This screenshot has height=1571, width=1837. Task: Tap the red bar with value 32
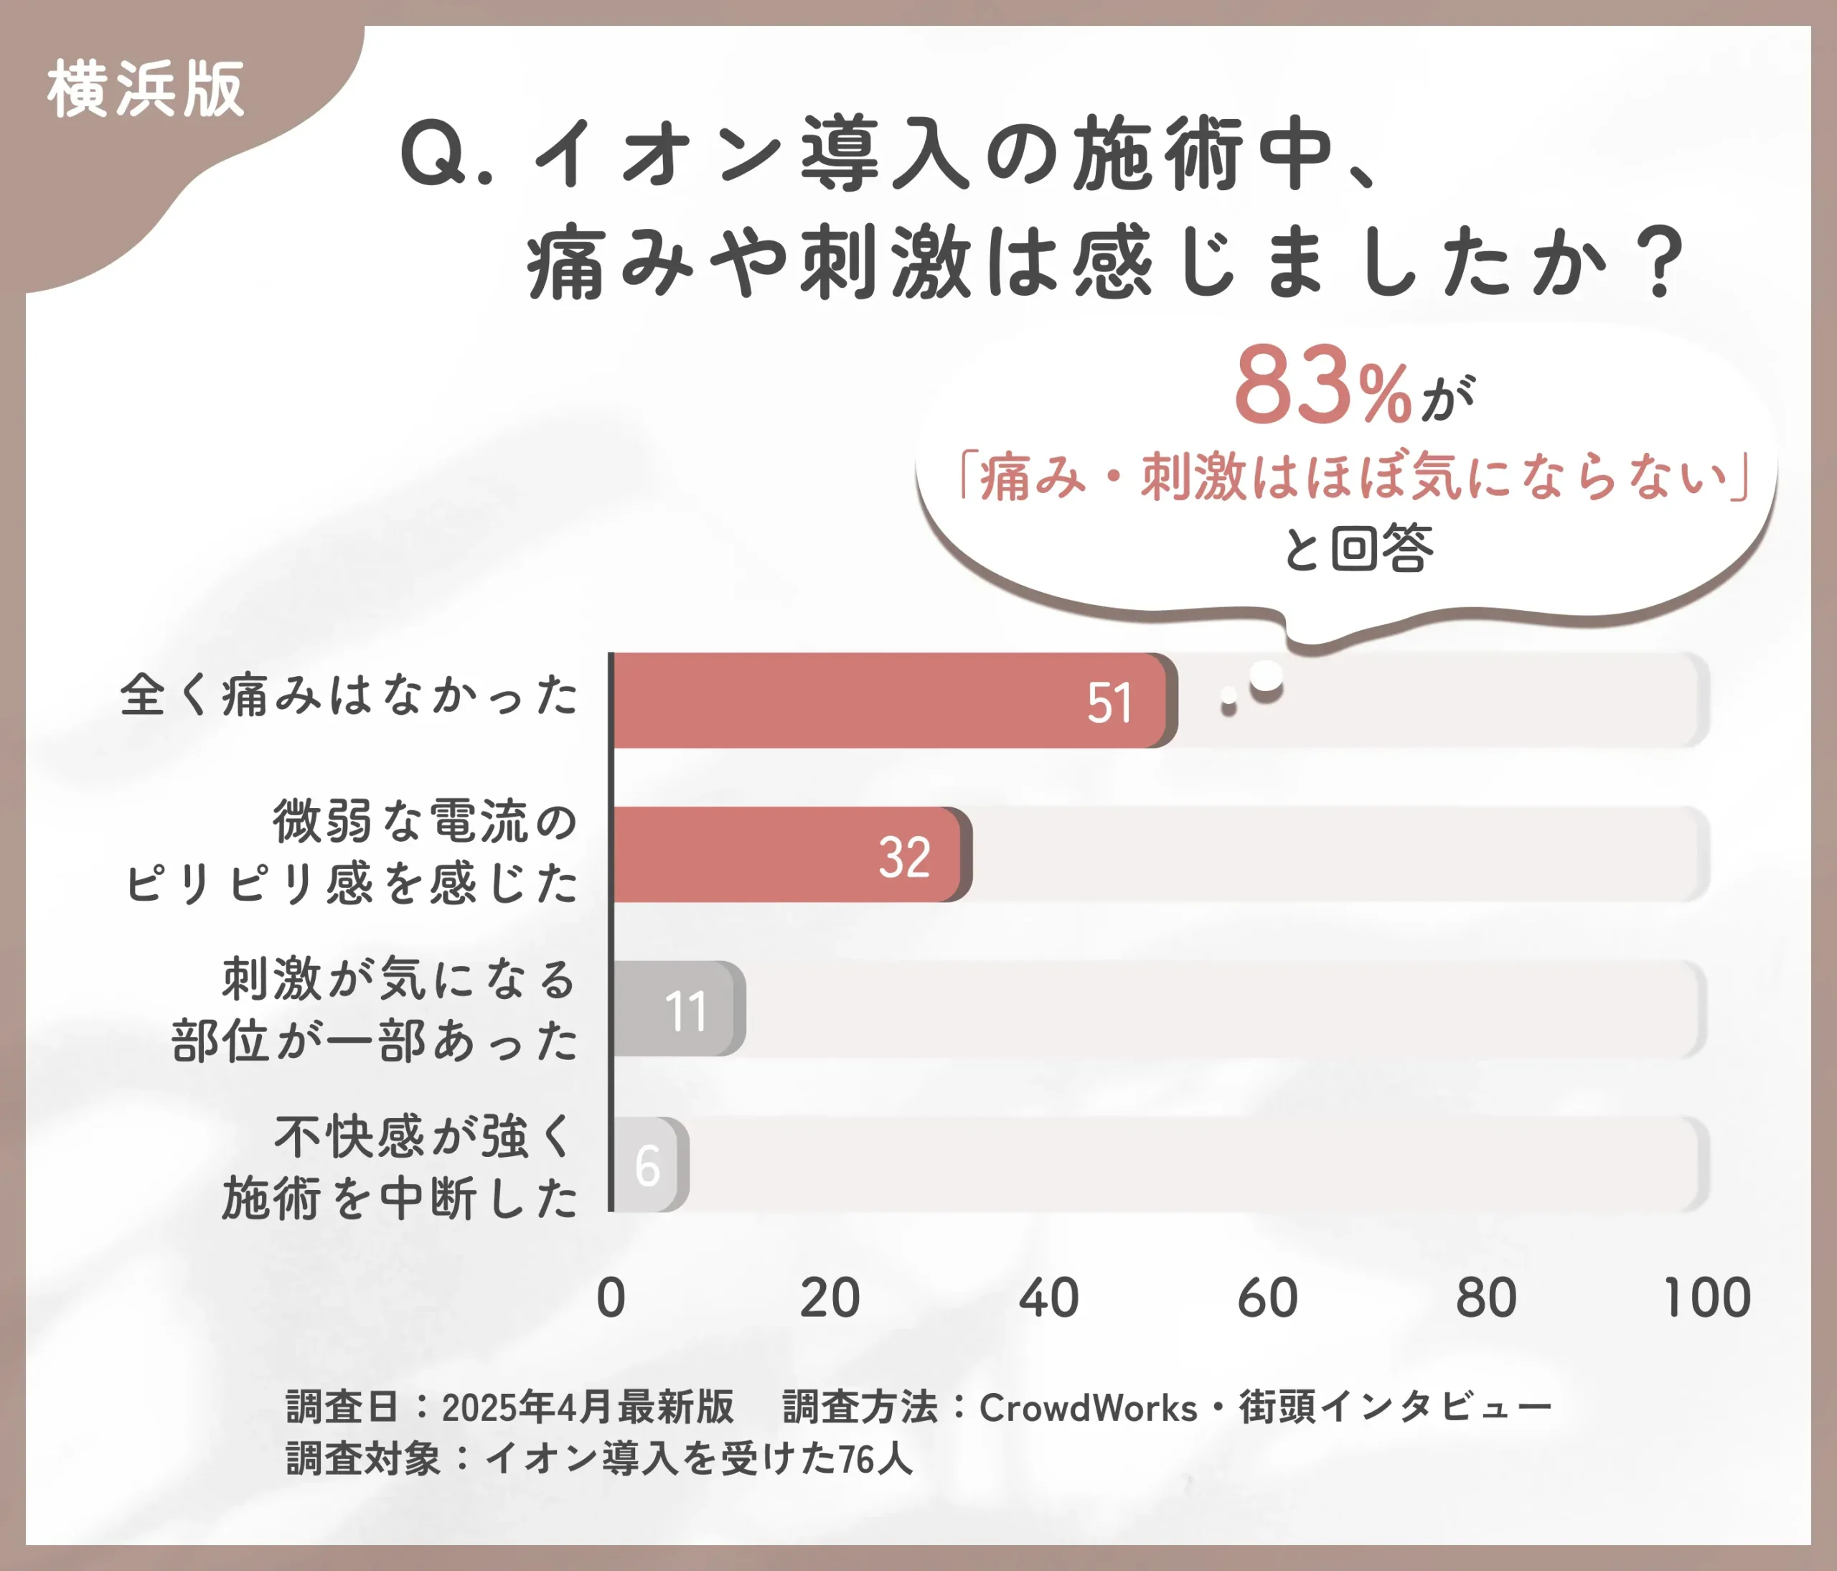click(789, 855)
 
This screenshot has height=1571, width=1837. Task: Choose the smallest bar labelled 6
click(649, 1164)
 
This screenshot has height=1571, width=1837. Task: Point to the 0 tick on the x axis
click(611, 1298)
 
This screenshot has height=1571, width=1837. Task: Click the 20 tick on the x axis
click(829, 1298)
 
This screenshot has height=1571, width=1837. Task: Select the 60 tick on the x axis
click(1267, 1298)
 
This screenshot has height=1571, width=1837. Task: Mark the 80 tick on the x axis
click(1486, 1298)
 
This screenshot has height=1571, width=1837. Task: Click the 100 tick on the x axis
click(1706, 1298)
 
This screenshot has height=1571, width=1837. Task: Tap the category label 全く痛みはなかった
click(349, 694)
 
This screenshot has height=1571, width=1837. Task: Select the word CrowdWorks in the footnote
click(1088, 1408)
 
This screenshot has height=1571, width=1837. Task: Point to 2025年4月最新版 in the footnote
click(588, 1408)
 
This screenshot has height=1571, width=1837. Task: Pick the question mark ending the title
click(1661, 263)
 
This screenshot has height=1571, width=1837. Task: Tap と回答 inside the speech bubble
click(1358, 548)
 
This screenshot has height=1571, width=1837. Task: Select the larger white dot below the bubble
click(1266, 678)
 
